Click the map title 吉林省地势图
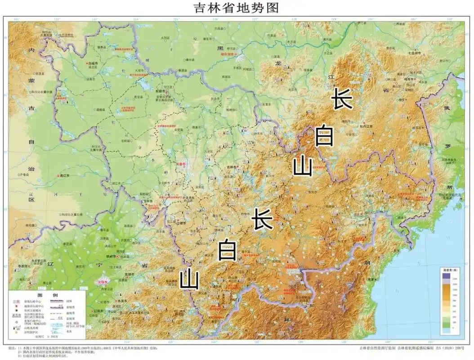(x=237, y=8)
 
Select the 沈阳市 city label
(x=103, y=282)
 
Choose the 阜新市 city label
(x=23, y=266)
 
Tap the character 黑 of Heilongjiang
(x=220, y=48)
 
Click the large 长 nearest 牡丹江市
(x=342, y=98)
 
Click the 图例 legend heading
(x=47, y=294)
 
